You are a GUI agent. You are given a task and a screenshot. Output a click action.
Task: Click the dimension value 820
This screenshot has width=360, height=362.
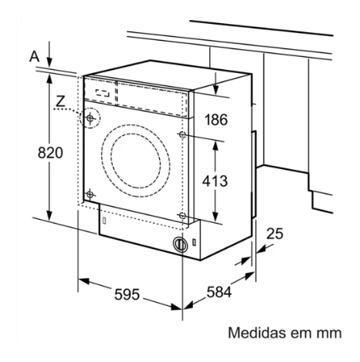50,153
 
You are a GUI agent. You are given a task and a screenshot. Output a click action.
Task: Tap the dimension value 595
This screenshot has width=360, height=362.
127,294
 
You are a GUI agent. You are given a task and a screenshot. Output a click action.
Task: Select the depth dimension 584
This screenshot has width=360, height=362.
219,292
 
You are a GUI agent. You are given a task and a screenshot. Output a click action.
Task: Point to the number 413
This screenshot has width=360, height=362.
215,181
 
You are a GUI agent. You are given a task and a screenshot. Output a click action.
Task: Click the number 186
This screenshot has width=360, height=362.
216,120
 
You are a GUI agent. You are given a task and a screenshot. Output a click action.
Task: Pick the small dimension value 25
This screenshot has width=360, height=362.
275,234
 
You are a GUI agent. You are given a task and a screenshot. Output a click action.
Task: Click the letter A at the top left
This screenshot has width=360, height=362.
35,57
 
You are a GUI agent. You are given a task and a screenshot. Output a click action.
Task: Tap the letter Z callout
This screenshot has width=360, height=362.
61,101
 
